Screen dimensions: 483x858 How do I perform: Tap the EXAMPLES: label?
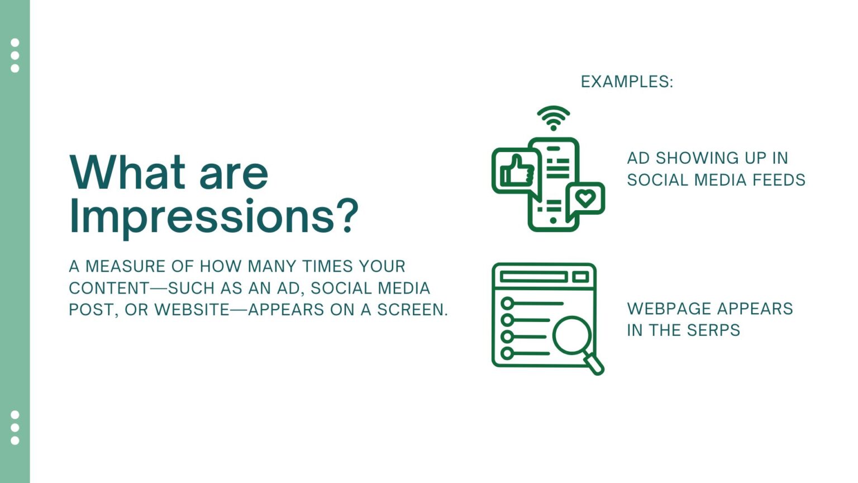coord(627,82)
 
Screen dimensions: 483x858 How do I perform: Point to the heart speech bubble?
coord(585,198)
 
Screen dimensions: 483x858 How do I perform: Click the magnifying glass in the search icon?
coord(573,336)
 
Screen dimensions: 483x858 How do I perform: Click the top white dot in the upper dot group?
coord(15,43)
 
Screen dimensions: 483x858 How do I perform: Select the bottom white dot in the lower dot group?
coord(15,441)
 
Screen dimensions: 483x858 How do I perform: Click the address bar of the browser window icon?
coord(533,277)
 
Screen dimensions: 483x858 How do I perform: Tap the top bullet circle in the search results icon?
coord(507,304)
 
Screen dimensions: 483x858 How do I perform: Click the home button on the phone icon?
coord(553,221)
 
